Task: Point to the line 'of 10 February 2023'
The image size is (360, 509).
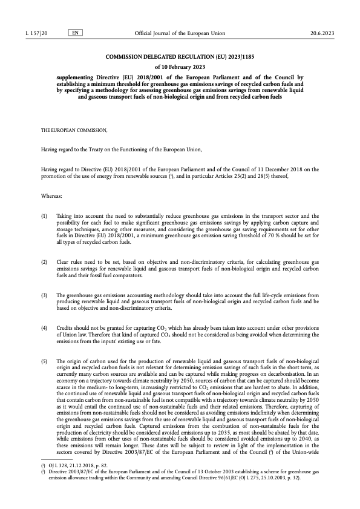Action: coord(180,67)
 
